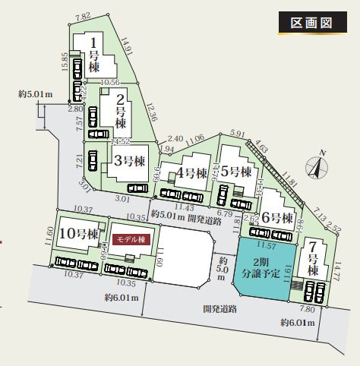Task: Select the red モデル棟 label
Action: point(132,238)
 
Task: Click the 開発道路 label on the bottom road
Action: point(220,310)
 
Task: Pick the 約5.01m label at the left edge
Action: point(36,94)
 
